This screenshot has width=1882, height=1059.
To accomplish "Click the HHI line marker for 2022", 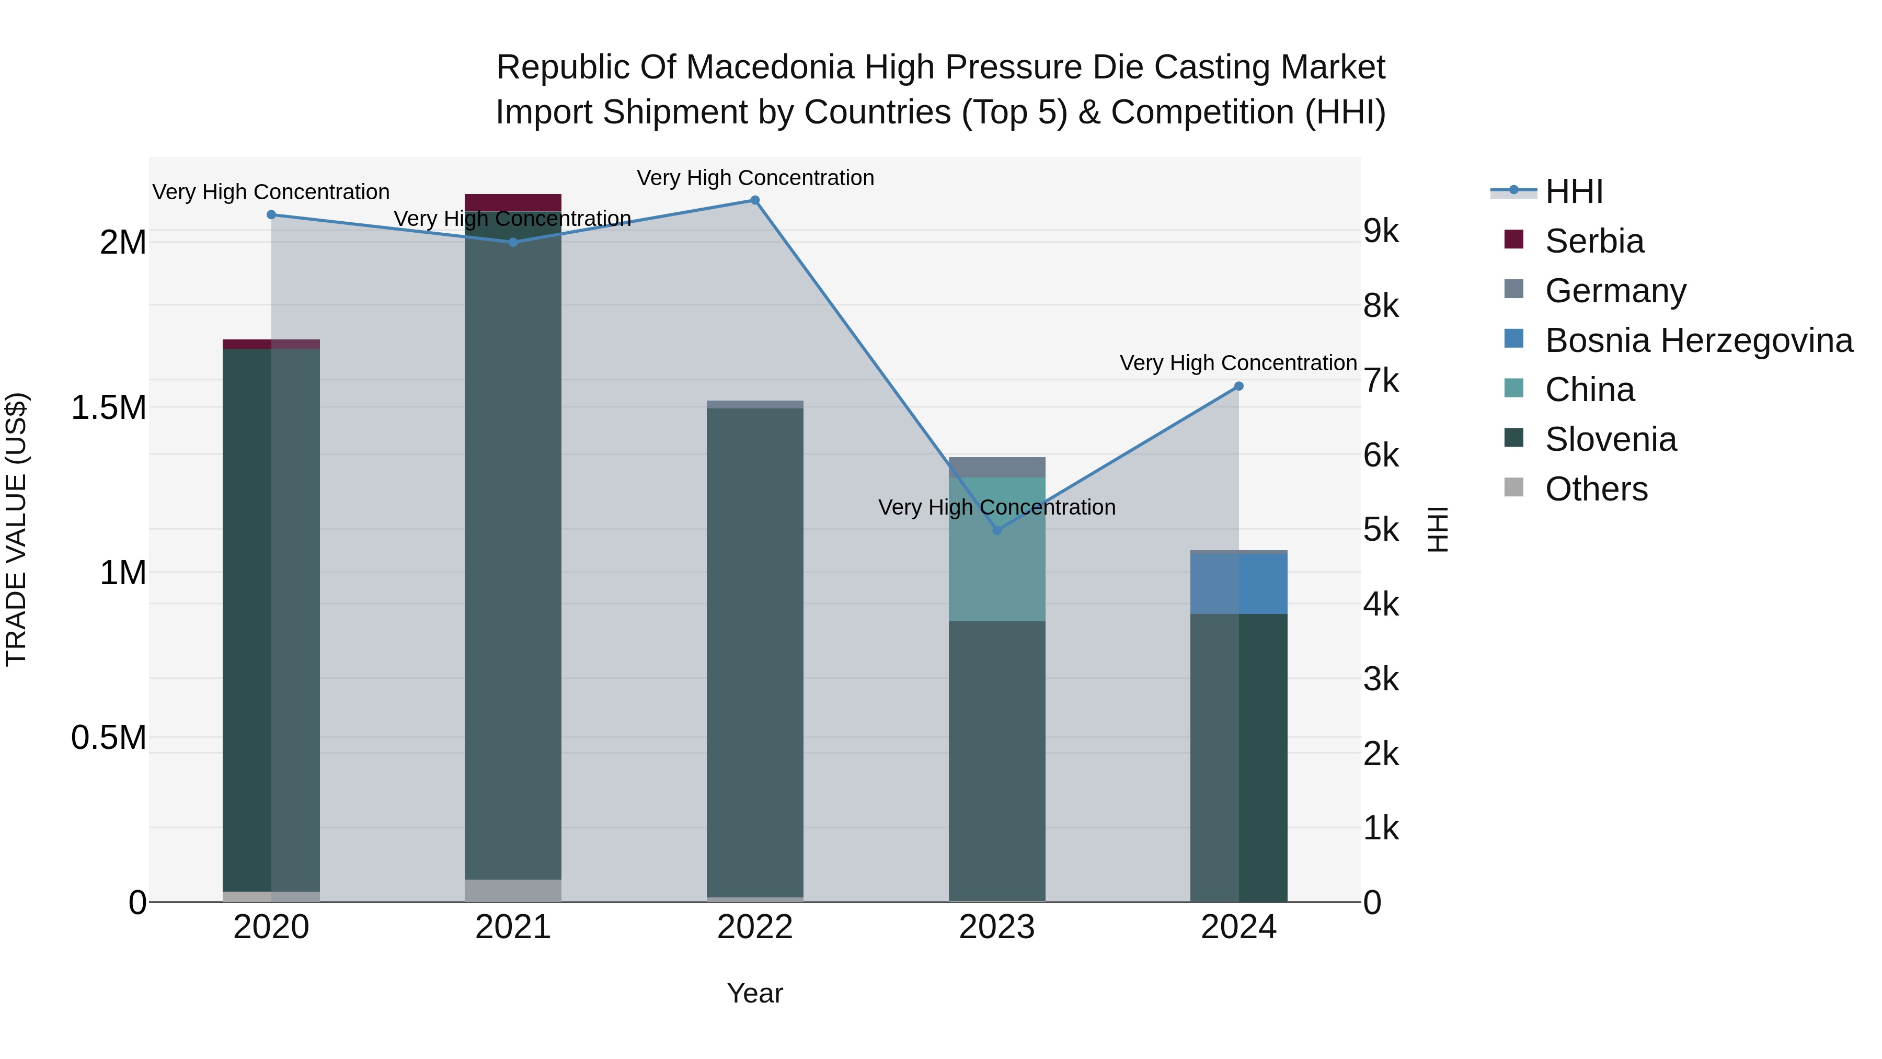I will point(755,200).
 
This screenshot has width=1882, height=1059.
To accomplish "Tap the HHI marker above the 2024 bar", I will point(1238,386).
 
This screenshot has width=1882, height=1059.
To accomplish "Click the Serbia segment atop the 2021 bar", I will point(513,202).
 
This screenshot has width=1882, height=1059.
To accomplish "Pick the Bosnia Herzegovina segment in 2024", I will point(1238,583).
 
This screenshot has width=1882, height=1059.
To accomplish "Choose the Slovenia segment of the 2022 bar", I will point(755,651).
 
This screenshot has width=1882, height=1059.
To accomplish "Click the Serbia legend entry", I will point(1594,241).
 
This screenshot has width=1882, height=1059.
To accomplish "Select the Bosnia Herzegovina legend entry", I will point(1699,340).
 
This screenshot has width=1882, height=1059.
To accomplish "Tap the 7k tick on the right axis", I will point(1381,381).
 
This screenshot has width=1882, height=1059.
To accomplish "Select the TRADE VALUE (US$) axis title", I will point(17,529).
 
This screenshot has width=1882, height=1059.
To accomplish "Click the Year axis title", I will point(755,993).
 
